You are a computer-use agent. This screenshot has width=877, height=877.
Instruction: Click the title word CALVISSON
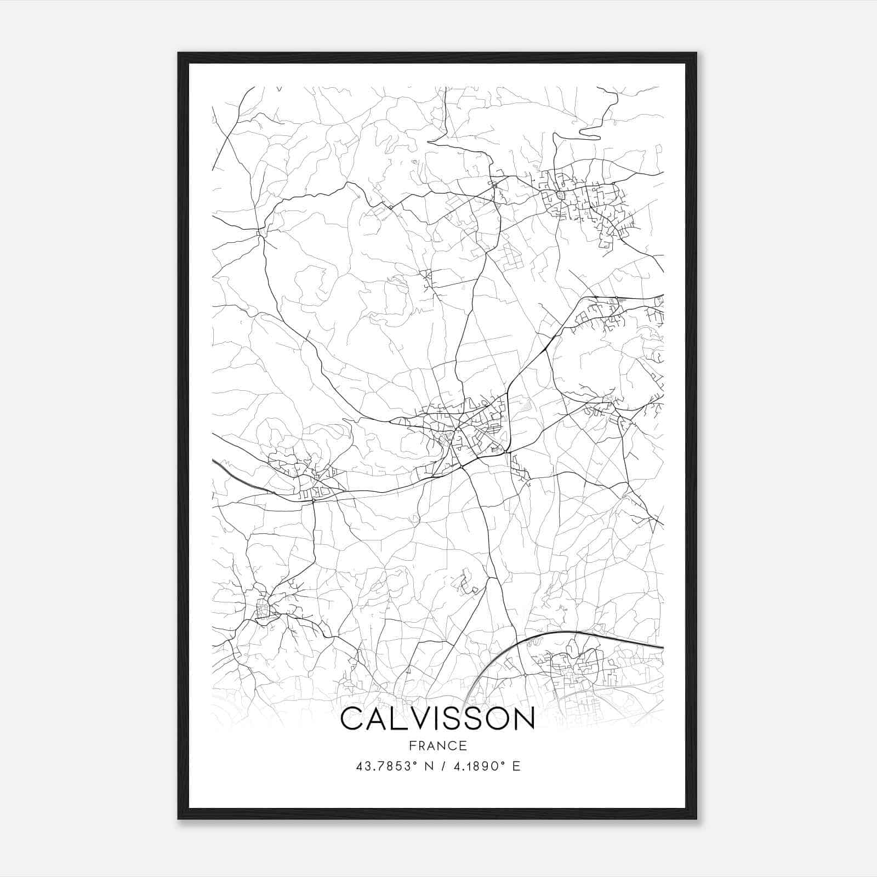click(x=437, y=719)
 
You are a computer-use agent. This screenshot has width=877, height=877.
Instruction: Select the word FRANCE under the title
click(x=437, y=745)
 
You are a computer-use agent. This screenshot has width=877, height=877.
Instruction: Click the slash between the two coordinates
click(x=442, y=766)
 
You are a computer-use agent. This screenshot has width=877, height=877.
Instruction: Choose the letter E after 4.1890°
click(x=516, y=766)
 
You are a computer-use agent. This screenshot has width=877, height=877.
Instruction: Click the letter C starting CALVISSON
click(x=352, y=719)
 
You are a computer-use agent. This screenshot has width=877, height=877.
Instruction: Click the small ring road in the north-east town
click(x=560, y=195)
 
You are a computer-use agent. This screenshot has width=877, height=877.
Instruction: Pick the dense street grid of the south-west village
click(x=264, y=610)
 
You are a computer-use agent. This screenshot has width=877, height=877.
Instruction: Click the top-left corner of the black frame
click(x=179, y=54)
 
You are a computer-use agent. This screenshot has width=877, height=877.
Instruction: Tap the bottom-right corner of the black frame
click(x=696, y=818)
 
